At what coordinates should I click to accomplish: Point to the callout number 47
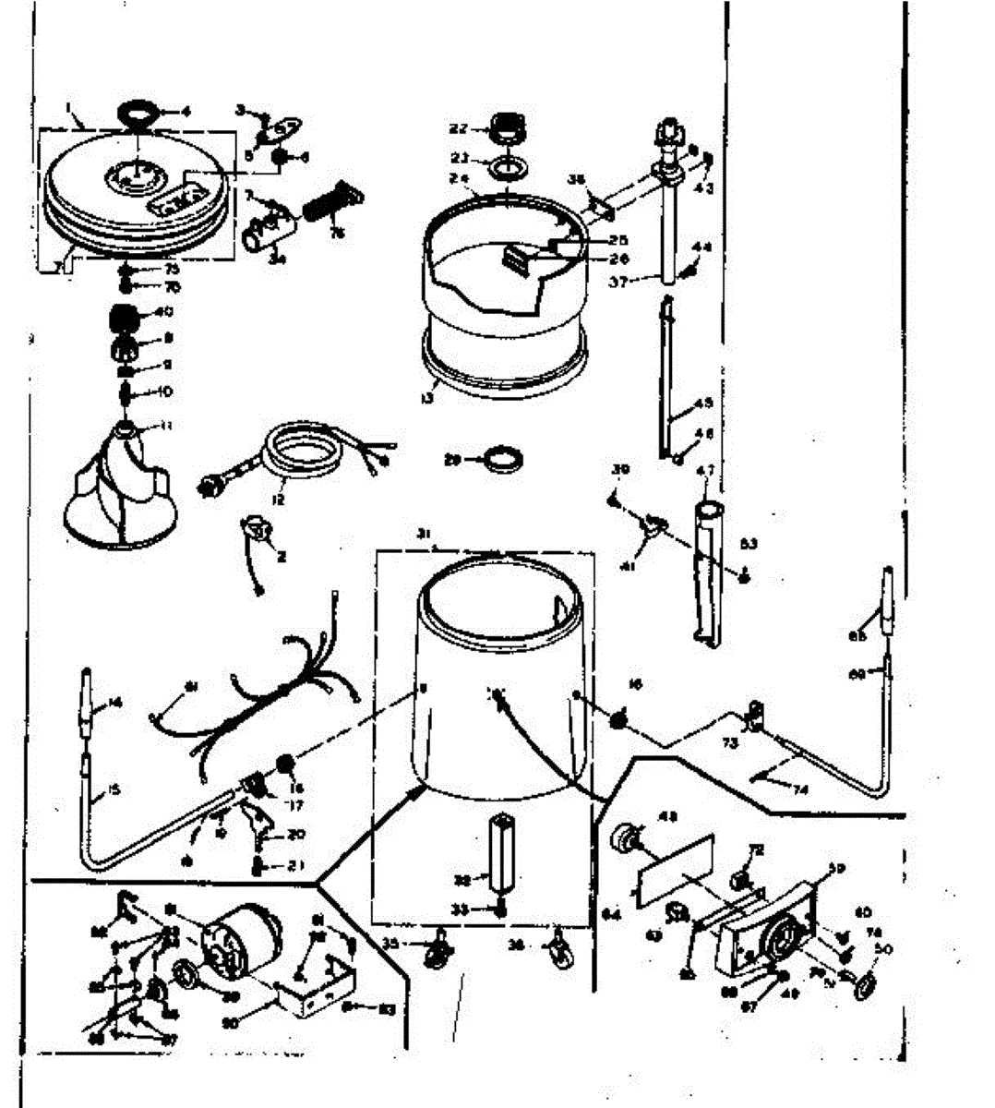tap(705, 472)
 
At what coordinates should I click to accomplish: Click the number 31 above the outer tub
tap(424, 534)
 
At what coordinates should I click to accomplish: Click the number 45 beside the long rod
tap(703, 403)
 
